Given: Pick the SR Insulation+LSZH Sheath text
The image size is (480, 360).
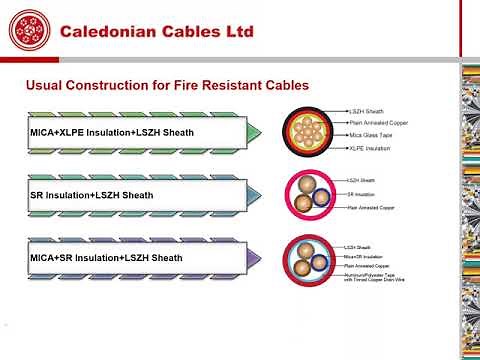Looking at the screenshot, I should point(92,195).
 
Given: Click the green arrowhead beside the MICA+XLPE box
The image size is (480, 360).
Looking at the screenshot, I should point(254,133).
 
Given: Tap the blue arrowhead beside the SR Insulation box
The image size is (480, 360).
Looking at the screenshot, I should point(254,195).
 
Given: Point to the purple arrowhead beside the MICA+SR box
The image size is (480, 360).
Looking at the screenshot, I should point(254,258).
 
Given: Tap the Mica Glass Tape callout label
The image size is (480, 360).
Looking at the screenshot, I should point(369,135).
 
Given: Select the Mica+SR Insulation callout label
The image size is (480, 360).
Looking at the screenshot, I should point(364,256).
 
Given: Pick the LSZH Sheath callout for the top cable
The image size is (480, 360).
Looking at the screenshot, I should point(365,110).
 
